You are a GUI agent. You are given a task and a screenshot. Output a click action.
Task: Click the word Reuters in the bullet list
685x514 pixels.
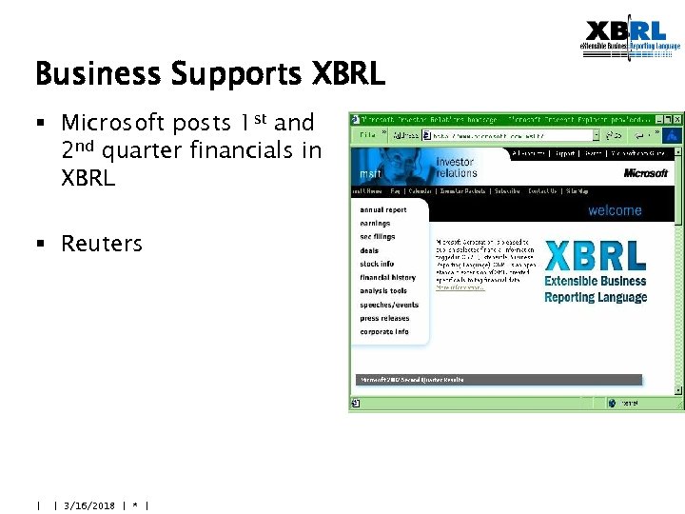click(x=101, y=244)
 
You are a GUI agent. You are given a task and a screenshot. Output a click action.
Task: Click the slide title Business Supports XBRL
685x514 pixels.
click(x=209, y=73)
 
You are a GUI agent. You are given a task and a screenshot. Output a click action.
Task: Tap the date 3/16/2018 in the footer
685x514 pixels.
click(x=88, y=505)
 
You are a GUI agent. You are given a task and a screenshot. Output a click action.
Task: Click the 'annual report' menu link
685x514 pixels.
click(x=382, y=209)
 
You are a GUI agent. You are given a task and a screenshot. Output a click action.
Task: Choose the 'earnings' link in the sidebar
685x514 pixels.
click(x=375, y=224)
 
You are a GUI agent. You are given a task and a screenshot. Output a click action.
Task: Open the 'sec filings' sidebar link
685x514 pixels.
click(x=377, y=237)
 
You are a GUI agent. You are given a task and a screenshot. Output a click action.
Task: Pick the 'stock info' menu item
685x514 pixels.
click(x=377, y=264)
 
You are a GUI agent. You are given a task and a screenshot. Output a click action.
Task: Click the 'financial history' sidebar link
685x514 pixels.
click(x=387, y=278)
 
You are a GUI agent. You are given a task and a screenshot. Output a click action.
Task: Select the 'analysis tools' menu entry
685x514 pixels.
click(x=383, y=291)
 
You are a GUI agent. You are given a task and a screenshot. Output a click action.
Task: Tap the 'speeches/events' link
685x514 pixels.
click(x=389, y=305)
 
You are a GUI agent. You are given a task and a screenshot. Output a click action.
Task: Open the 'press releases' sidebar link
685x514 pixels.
click(x=384, y=319)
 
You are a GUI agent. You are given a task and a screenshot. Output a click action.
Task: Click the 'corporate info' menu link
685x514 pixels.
click(x=384, y=332)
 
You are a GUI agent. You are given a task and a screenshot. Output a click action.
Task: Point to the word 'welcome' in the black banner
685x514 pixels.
click(x=615, y=210)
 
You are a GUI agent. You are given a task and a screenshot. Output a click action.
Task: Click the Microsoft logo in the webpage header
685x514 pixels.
click(x=646, y=173)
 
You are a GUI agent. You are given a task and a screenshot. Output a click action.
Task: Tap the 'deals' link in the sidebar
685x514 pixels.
click(x=369, y=250)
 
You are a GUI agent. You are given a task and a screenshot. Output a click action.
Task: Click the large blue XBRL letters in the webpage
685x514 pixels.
click(x=596, y=256)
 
